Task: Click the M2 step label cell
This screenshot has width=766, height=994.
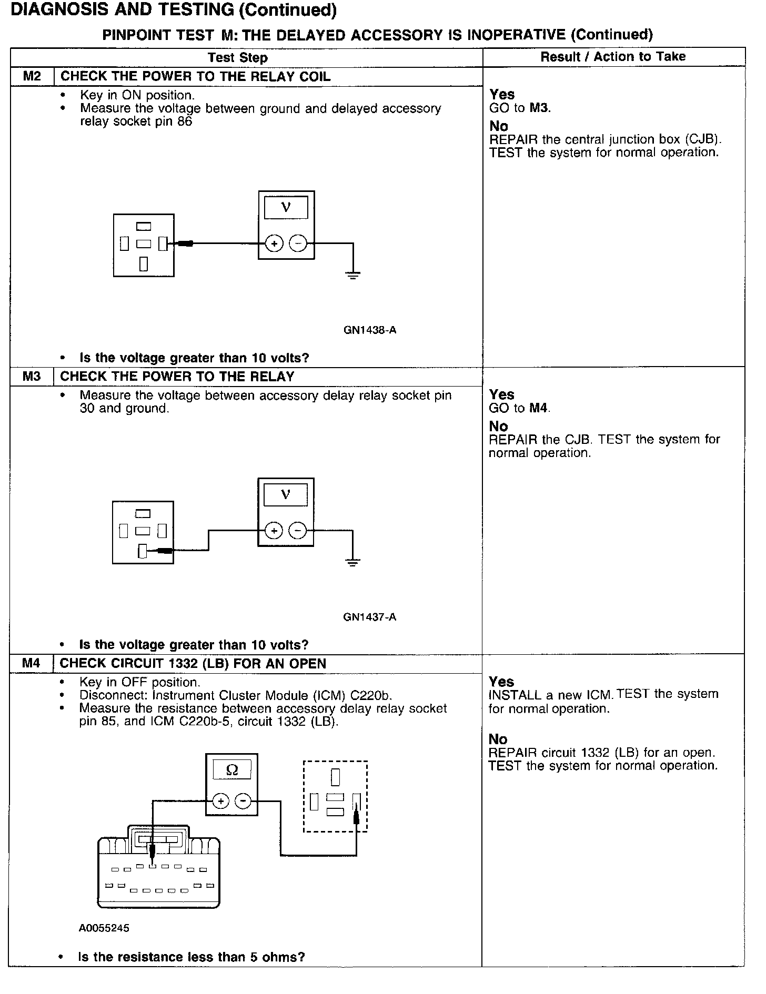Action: pos(32,77)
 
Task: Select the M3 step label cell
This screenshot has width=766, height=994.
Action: pos(32,377)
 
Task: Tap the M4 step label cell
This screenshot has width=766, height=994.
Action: pos(31,664)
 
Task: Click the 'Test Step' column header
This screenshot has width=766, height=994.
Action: pos(238,57)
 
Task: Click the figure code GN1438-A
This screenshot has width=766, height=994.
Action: pos(370,330)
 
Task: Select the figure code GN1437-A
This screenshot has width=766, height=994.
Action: pos(369,617)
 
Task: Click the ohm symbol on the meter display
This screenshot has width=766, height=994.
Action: pos(232,770)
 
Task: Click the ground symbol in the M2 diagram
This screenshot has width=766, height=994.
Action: pos(353,274)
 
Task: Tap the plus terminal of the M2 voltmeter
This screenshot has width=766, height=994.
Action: pos(274,244)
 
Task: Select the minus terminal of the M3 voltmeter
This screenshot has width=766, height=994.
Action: pos(298,531)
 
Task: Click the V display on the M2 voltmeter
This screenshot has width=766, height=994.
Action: pos(286,207)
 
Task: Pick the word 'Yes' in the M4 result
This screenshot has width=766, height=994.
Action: pos(501,682)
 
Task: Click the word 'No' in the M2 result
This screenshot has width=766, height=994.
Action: pos(499,126)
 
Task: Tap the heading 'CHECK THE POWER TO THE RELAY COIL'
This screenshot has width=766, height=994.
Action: pos(195,77)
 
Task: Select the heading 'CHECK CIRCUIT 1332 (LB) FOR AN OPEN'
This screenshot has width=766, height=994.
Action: pos(193,664)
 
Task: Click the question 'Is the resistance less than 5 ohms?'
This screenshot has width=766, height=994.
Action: pos(191,957)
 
